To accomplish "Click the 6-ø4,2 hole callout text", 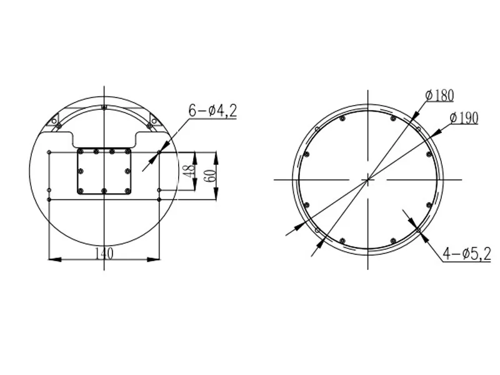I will coord(212,111).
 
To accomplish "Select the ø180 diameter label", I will coord(439,96).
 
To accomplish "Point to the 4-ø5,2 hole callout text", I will coord(466,253).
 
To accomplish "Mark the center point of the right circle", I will coord(369,179).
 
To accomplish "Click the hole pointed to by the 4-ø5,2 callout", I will coord(418,230).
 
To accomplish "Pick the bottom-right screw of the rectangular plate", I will coord(127,191).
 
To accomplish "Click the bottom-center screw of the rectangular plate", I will coord(104,191).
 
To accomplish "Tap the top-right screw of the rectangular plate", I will coord(127,151).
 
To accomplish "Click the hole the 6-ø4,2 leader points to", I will coord(159,152).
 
